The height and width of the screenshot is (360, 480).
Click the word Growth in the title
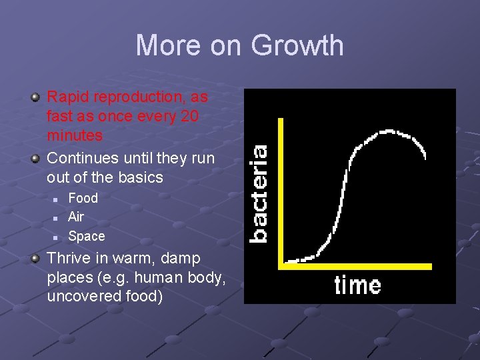(297, 46)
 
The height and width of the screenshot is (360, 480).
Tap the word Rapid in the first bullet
(68, 97)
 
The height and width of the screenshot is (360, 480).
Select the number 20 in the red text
(190, 116)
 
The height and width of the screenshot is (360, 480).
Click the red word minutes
(75, 135)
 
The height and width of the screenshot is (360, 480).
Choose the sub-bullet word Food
(83, 198)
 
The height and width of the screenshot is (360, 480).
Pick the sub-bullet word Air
(76, 217)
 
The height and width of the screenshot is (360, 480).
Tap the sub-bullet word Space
(87, 236)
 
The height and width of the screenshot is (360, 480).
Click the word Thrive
(69, 258)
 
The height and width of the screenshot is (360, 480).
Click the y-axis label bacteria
(259, 193)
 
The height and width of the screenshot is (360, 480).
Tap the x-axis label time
(357, 285)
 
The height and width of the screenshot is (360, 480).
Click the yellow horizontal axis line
(357, 266)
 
